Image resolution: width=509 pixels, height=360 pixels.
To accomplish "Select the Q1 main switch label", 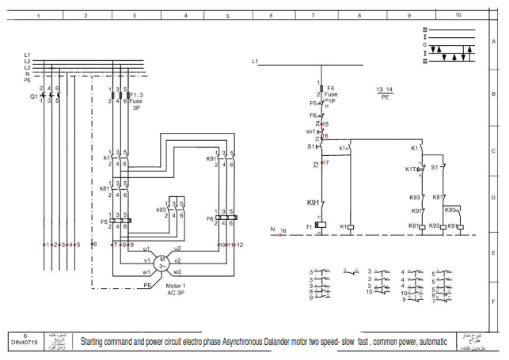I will tap(34, 96).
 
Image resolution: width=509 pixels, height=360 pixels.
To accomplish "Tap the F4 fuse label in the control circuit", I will tap(331, 88).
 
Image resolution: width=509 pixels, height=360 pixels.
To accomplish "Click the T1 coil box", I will tap(321, 226).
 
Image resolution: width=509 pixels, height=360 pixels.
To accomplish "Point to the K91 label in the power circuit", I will tap(211, 159).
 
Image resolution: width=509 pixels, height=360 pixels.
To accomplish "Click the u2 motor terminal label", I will tap(177, 248).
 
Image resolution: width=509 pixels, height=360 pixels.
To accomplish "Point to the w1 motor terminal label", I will tap(146, 271).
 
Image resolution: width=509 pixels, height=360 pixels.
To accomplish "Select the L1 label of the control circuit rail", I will tap(255, 61).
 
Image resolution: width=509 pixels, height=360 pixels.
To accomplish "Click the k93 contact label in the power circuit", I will tap(161, 210).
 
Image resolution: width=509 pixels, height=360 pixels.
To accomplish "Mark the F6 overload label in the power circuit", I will tap(210, 218).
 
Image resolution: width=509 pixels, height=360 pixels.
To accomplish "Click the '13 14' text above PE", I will tap(385, 90).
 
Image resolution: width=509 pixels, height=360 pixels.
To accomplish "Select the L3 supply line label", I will tap(27, 67).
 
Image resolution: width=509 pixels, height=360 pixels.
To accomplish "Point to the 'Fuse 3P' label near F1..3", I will tap(135, 104).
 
